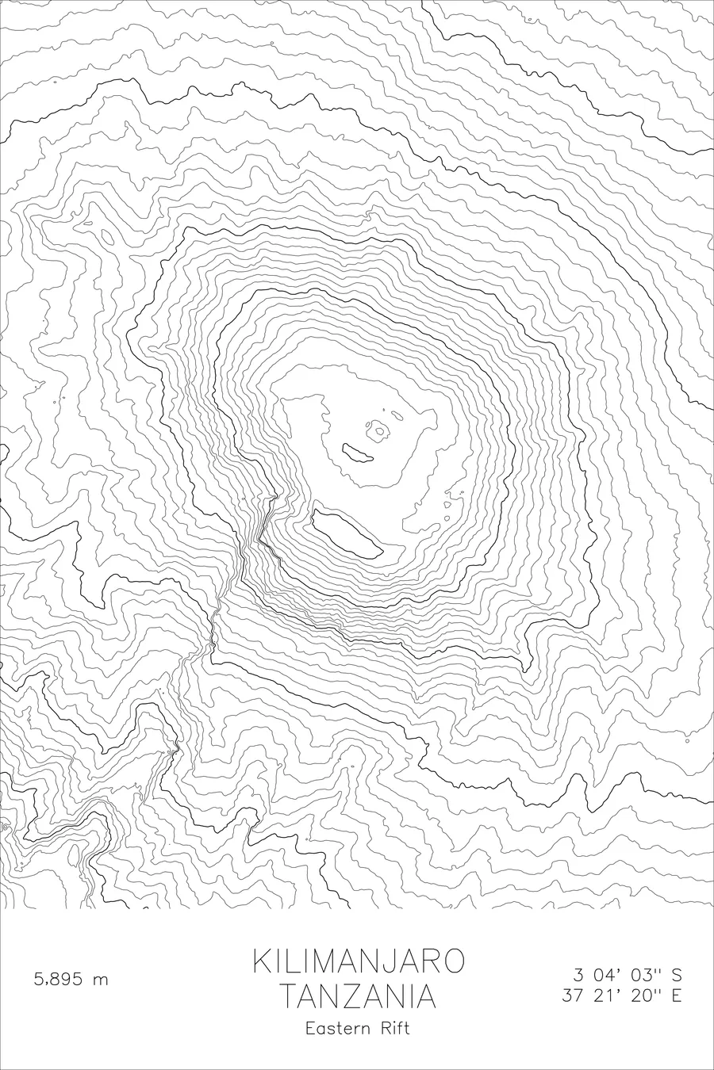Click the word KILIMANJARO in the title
click(359, 961)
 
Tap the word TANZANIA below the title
click(359, 996)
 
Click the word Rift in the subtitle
click(395, 1029)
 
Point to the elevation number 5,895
click(59, 980)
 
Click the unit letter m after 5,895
click(100, 980)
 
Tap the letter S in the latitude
click(676, 975)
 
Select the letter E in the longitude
click(676, 996)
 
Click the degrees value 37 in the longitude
click(573, 996)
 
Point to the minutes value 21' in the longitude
click(606, 996)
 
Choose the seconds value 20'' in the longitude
click(644, 996)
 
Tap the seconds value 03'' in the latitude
click(644, 975)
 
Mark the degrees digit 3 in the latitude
click(578, 975)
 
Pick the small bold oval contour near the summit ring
click(358, 453)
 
